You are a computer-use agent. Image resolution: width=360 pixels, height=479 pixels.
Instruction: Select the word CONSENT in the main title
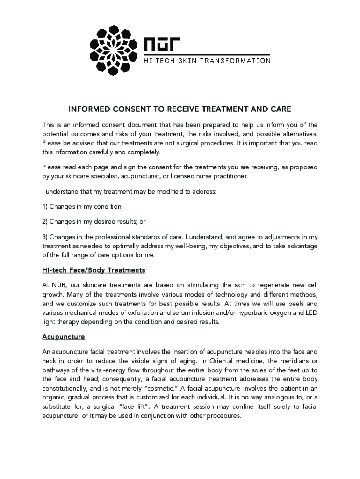coord(129,109)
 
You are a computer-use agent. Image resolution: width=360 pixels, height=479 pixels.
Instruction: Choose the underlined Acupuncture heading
coord(63,337)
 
